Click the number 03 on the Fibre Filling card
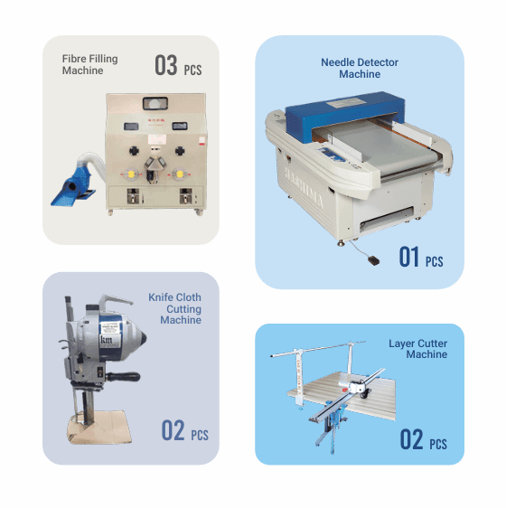(x=165, y=65)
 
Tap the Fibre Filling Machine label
(x=90, y=65)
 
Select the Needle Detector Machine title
(x=360, y=68)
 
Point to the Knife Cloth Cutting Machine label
(x=175, y=308)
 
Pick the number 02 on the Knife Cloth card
(x=173, y=431)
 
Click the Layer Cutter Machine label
(x=417, y=349)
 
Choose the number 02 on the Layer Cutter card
(x=411, y=440)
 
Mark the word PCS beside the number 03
(x=193, y=70)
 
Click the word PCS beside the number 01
(x=435, y=261)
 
